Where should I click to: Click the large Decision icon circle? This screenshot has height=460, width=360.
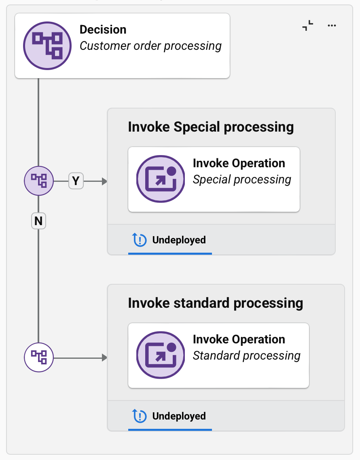click(47, 46)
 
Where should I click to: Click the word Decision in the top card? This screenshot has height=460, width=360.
click(103, 30)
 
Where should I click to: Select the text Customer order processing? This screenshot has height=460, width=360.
click(150, 46)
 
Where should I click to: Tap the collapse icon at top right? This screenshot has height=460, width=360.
click(308, 26)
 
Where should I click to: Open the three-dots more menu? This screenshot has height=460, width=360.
click(332, 26)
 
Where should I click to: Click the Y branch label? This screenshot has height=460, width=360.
click(76, 181)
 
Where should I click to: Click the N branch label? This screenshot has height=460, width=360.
click(38, 221)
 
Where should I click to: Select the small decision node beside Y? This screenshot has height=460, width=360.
click(39, 181)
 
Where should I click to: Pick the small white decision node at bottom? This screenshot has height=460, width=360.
click(39, 358)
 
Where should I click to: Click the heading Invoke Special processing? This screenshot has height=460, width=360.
click(211, 127)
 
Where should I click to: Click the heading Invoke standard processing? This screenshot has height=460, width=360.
click(215, 303)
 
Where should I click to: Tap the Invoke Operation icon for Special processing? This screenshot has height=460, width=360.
click(161, 179)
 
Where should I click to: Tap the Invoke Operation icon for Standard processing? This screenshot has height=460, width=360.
click(161, 355)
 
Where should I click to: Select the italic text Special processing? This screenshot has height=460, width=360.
click(242, 180)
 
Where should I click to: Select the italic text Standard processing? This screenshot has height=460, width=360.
click(246, 356)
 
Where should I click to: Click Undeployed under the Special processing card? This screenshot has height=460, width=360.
click(179, 240)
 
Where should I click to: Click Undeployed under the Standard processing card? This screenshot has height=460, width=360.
click(179, 416)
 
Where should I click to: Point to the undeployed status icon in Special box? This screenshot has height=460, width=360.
click(140, 240)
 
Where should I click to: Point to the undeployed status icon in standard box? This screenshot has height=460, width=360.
click(140, 416)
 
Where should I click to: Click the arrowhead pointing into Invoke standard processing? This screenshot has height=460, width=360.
click(104, 358)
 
